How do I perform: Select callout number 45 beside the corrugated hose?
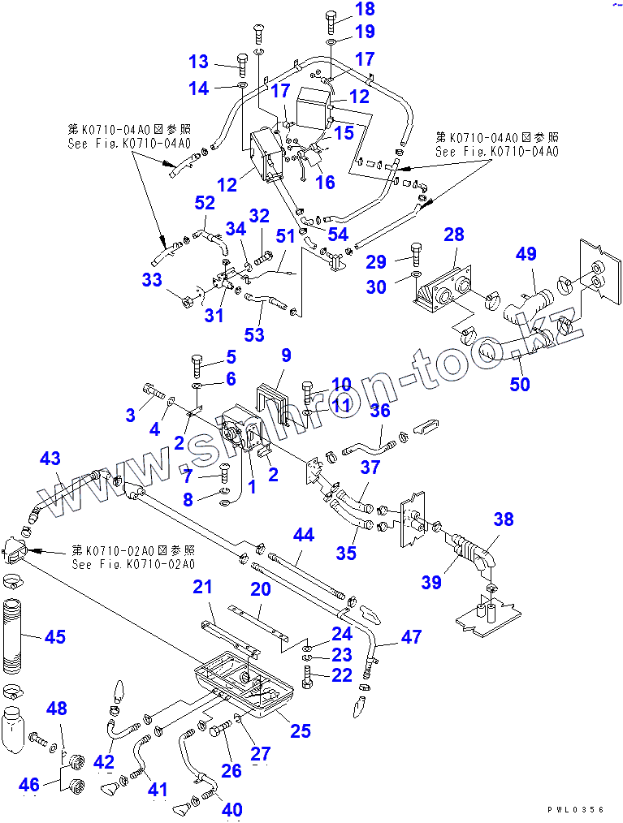click(x=54, y=636)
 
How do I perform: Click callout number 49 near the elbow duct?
click(x=526, y=254)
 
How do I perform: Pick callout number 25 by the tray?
click(x=301, y=731)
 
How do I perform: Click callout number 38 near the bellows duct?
click(x=504, y=519)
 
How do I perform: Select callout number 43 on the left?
click(x=50, y=459)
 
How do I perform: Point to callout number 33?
click(x=151, y=281)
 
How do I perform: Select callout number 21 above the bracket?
click(x=202, y=586)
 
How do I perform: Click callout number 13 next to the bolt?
click(x=199, y=62)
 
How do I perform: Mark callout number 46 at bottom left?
click(x=29, y=784)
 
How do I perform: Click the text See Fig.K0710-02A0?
click(x=133, y=564)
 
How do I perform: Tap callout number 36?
click(x=379, y=411)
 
